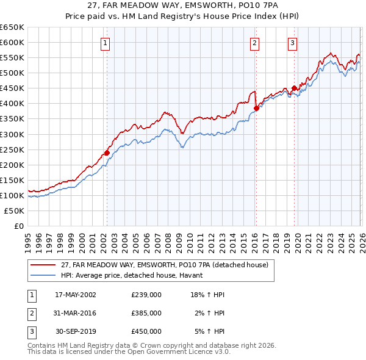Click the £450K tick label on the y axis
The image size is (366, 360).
click(x=12, y=88)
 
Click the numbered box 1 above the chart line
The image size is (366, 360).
click(x=106, y=43)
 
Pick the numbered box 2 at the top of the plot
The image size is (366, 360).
click(x=254, y=43)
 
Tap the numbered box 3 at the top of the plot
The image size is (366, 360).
click(x=292, y=43)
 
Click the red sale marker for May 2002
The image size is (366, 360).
click(x=107, y=153)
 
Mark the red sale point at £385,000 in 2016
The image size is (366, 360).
click(x=256, y=108)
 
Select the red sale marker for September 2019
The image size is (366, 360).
click(x=294, y=88)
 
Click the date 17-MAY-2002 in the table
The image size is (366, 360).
click(x=76, y=295)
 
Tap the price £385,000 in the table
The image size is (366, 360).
click(x=146, y=313)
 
